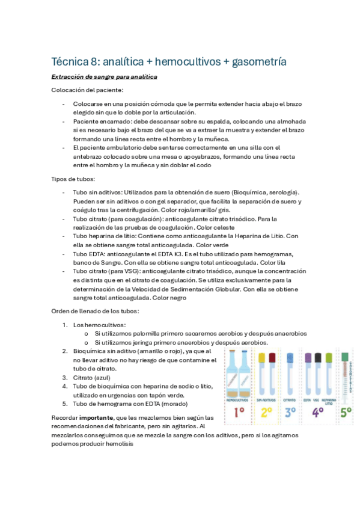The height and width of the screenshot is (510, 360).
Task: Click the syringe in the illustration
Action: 346,376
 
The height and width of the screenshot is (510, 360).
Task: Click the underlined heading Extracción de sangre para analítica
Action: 105,77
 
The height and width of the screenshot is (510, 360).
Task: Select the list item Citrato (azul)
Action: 93,378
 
